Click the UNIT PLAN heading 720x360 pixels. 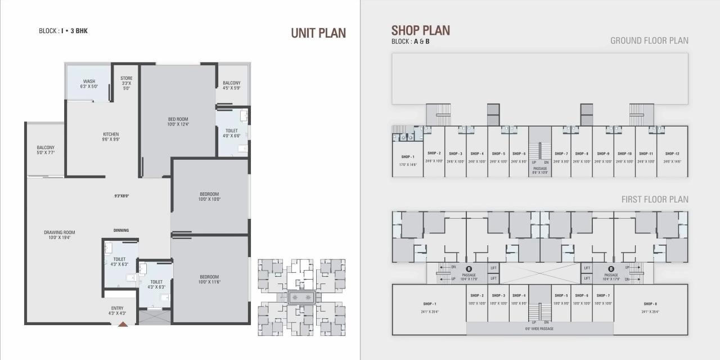pos(318,33)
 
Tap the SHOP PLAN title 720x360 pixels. pos(421,30)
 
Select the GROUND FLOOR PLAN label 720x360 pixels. pos(649,40)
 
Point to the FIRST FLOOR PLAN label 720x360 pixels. pos(655,200)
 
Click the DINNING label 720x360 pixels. pos(121,230)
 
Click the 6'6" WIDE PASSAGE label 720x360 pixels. pos(539,328)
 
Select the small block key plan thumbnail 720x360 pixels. pos(301,297)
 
